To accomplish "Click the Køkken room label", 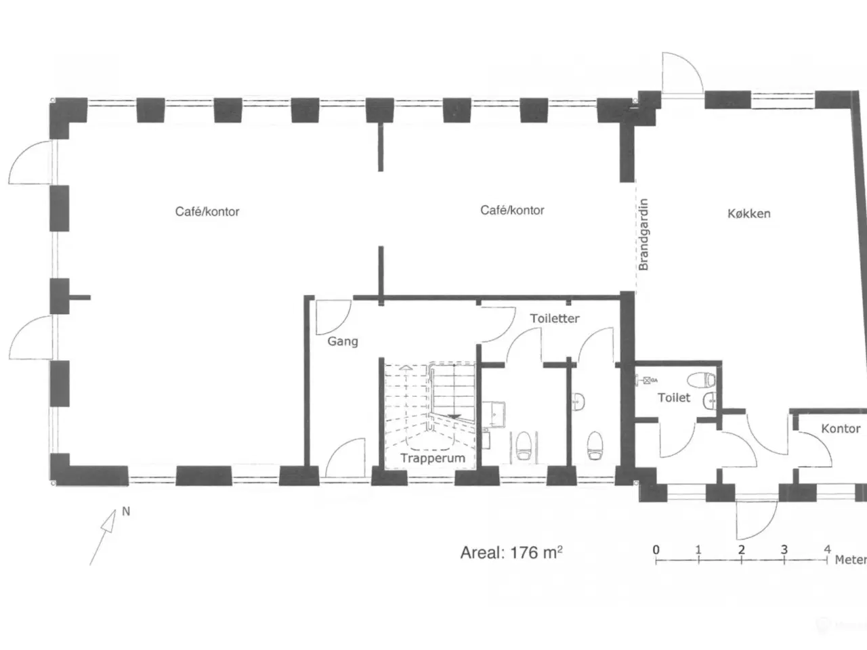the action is pyautogui.click(x=749, y=213).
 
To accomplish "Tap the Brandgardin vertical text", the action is pyautogui.click(x=643, y=234).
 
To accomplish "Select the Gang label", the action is pyautogui.click(x=343, y=341).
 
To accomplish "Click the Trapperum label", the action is pyautogui.click(x=433, y=458).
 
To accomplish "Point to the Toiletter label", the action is pyautogui.click(x=555, y=318).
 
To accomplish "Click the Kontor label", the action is pyautogui.click(x=841, y=429).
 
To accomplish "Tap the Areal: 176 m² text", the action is pyautogui.click(x=511, y=552).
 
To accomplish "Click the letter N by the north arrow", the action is pyautogui.click(x=126, y=511).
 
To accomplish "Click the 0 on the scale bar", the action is pyautogui.click(x=656, y=549).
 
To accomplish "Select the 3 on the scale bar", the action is pyautogui.click(x=784, y=549).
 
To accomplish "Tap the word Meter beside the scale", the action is pyautogui.click(x=851, y=560).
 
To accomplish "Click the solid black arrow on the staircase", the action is pyautogui.click(x=454, y=416).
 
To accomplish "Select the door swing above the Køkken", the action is pyautogui.click(x=683, y=73).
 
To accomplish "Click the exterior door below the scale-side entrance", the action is pyautogui.click(x=757, y=520).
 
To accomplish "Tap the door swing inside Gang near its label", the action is pyautogui.click(x=334, y=317).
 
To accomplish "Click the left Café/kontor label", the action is pyautogui.click(x=207, y=211).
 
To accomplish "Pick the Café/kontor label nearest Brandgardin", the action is pyautogui.click(x=512, y=210).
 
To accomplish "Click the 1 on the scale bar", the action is pyautogui.click(x=698, y=549).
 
